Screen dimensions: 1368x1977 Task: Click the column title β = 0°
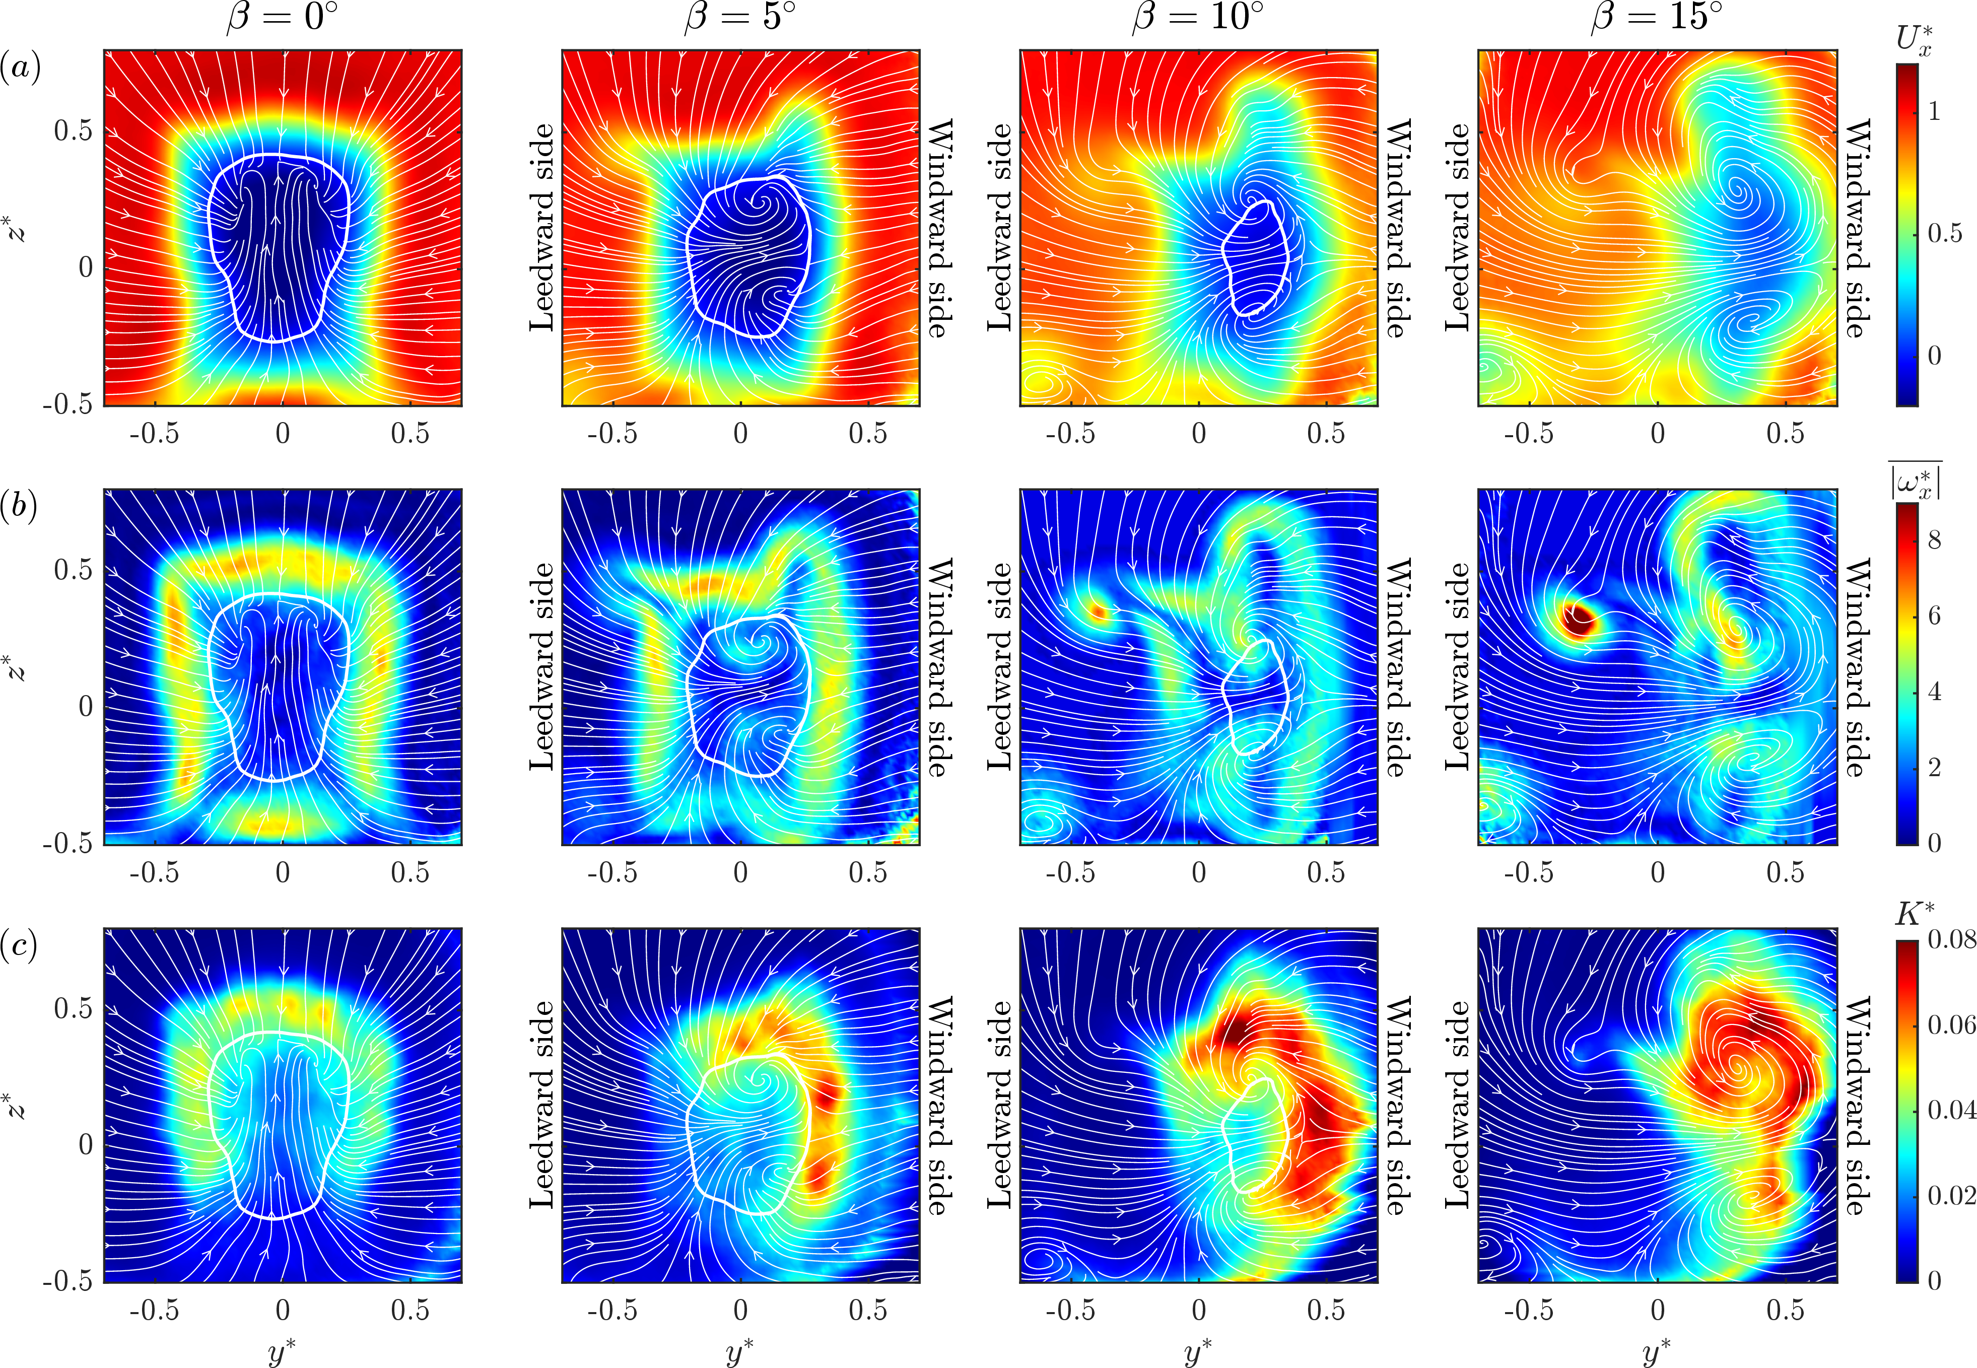pos(283,17)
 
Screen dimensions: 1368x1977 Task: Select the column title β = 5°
pos(740,17)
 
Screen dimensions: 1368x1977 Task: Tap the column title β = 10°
pos(1198,17)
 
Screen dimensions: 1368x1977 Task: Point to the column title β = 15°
pos(1657,17)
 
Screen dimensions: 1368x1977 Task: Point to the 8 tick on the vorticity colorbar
pos(1934,540)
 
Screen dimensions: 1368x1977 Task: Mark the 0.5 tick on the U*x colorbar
pos(1944,233)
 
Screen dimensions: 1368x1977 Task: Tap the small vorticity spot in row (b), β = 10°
pos(1098,611)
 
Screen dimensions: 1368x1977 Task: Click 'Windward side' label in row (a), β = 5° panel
pos(940,228)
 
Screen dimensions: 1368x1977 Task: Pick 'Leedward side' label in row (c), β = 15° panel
pos(1457,1105)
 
